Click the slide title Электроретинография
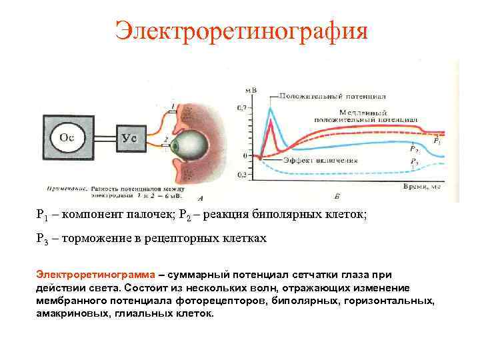(241, 30)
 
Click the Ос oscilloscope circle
(67, 137)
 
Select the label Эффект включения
(320, 161)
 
